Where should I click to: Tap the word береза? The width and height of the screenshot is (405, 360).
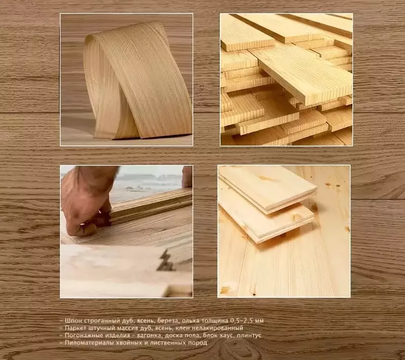168,321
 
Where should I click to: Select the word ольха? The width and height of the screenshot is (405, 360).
191,321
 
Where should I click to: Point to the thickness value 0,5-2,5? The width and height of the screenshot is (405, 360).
241,321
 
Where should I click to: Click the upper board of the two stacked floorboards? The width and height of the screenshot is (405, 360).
267,188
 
